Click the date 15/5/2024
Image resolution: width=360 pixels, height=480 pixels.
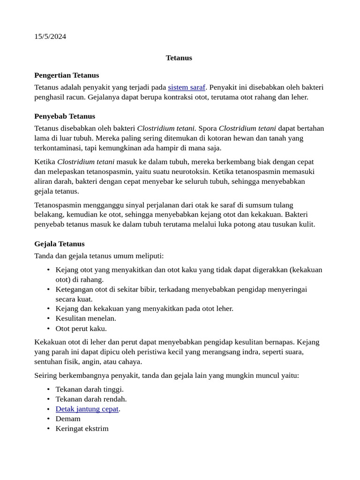coord(50,37)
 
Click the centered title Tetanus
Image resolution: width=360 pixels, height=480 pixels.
coord(179,58)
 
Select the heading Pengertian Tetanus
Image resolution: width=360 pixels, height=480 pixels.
coord(67,75)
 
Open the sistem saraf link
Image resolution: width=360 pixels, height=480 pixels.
coord(187,87)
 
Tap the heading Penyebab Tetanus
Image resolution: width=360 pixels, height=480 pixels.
coord(65,116)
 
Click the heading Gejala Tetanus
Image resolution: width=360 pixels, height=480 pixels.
coord(60,244)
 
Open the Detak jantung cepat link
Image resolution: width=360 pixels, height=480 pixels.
coord(87,409)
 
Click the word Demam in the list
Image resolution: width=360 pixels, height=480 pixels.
coord(68,419)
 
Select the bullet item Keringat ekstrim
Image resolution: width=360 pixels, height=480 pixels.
coord(82,428)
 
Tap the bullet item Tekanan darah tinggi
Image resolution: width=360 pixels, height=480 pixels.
coord(90,389)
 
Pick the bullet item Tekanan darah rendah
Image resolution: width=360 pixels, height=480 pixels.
coord(91,399)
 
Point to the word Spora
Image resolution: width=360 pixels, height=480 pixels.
coord(208,128)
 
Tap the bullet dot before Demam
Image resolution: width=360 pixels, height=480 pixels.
coord(49,419)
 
